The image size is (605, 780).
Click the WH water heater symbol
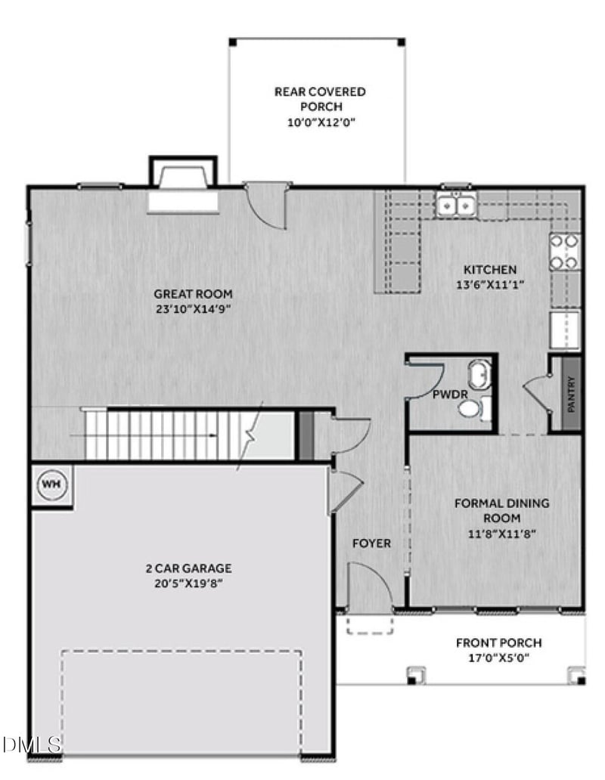pos(50,483)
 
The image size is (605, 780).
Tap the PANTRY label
pos(571,394)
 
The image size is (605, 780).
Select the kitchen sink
pos(456,205)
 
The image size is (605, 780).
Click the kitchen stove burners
pos(565,252)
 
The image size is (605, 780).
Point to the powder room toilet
pos(470,409)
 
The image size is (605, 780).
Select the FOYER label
pos(371,543)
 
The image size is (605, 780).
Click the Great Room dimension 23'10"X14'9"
pos(193,308)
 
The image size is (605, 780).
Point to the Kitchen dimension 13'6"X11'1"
pos(490,284)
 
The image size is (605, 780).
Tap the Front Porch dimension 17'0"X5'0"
pos(498,658)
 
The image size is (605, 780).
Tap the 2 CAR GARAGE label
pos(188,568)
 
